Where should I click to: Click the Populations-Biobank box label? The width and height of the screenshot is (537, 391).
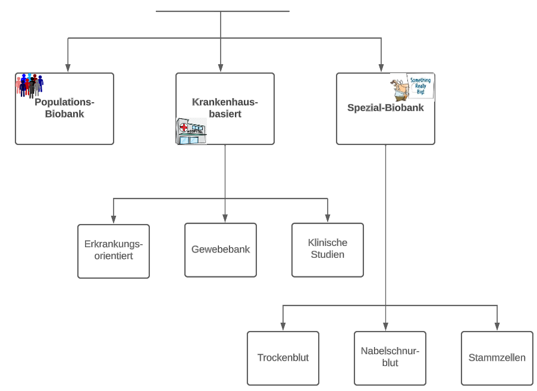tap(64, 108)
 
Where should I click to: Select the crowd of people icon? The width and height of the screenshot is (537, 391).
tap(30, 86)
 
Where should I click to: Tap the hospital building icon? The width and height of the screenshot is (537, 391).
tap(191, 131)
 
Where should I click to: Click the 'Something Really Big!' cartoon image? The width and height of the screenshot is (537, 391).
tap(412, 87)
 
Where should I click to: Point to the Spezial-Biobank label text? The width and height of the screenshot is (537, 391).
tap(385, 108)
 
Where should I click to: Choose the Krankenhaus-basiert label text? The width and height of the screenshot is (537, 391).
tap(225, 108)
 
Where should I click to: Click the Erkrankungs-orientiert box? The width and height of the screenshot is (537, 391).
tap(114, 251)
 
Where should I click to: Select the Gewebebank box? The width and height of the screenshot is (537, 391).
tap(221, 250)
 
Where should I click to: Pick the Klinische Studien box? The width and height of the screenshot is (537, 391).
tap(328, 250)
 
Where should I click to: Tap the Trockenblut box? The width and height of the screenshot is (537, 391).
tap(283, 358)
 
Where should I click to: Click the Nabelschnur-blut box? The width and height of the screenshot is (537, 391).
tap(390, 358)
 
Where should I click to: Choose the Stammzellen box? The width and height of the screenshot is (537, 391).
tap(497, 358)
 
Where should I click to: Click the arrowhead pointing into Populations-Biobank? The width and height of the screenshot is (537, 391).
tap(68, 68)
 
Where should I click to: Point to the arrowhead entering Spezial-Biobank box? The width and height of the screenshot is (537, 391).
tap(381, 68)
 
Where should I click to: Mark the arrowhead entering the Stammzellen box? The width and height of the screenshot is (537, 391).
tap(497, 326)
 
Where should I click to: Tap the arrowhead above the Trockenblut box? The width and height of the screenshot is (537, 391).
tap(283, 326)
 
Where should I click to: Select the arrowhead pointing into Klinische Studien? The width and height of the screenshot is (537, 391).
tap(328, 218)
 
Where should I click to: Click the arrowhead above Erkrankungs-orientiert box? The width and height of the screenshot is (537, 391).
tap(114, 219)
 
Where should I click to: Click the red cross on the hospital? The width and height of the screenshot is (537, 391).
tap(184, 128)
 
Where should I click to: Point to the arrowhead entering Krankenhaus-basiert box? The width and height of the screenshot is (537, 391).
tap(221, 68)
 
